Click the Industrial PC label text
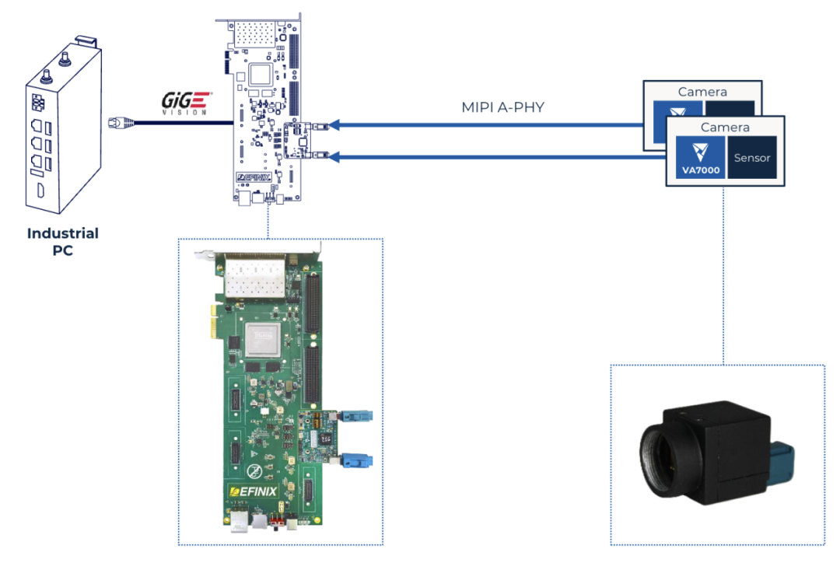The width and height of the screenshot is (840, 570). pos(63,241)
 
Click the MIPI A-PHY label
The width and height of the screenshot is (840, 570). pos(503,107)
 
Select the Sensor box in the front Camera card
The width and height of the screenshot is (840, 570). pos(751,158)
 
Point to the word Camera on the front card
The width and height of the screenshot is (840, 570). pos(725,127)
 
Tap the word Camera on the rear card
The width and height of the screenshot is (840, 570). pos(702,92)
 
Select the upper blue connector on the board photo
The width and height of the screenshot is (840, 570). pos(359,418)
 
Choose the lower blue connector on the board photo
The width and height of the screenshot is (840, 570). pos(359,460)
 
